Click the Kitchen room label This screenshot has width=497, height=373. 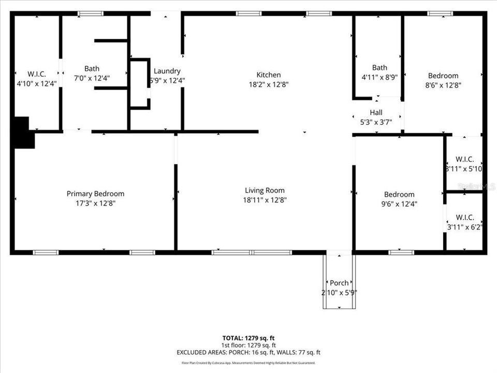(x=269, y=75)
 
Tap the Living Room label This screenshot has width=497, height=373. (x=265, y=190)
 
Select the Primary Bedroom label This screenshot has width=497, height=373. (x=95, y=194)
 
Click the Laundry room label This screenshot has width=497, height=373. (x=167, y=71)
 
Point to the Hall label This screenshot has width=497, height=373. (x=376, y=112)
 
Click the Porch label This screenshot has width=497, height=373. (x=339, y=283)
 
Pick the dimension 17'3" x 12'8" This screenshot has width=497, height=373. (x=95, y=203)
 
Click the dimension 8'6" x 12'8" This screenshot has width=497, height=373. (x=443, y=85)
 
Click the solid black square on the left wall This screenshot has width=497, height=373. (x=23, y=133)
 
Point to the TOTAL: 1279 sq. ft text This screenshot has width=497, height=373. (x=248, y=338)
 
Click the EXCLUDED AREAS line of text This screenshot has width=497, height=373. (x=248, y=352)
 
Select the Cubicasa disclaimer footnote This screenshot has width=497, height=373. (x=248, y=363)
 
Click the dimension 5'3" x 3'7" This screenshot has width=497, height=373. (x=376, y=122)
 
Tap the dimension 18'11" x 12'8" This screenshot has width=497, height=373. (x=265, y=199)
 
